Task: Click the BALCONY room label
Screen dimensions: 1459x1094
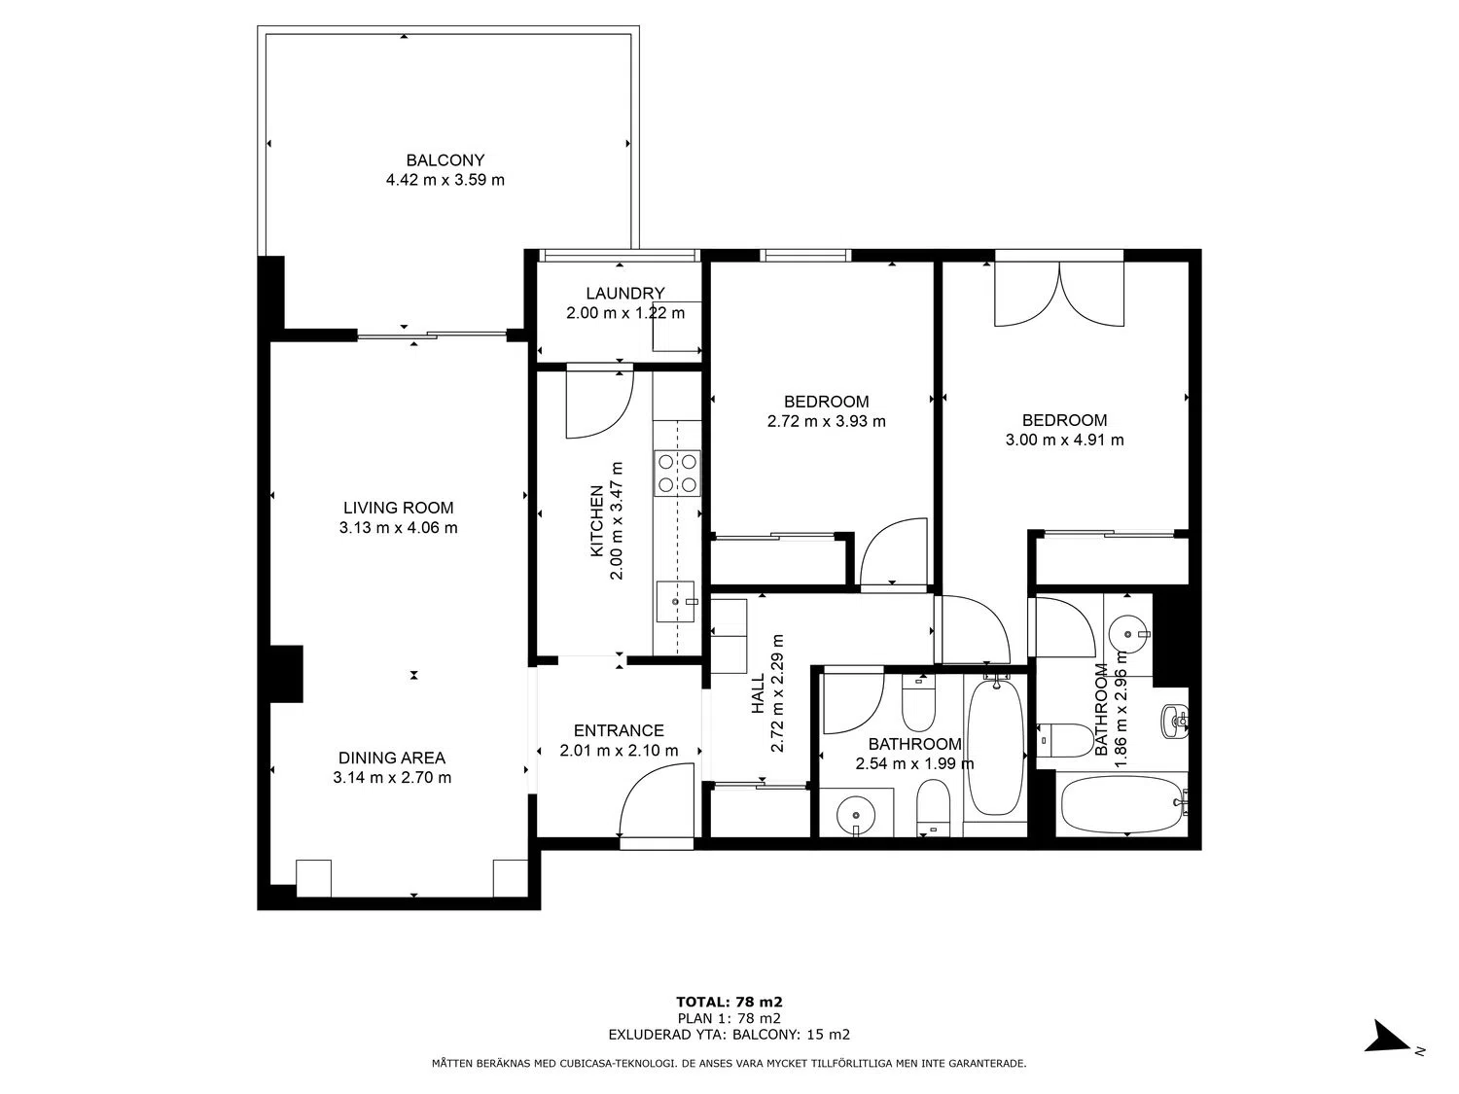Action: point(445,160)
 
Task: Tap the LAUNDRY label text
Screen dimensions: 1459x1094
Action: point(624,293)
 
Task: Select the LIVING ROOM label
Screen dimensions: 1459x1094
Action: point(398,508)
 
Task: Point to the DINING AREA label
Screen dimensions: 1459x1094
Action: point(392,758)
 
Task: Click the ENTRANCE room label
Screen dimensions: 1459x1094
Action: point(619,730)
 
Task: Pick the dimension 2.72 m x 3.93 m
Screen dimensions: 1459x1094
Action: point(826,421)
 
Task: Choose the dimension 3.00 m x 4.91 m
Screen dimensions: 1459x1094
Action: point(1064,440)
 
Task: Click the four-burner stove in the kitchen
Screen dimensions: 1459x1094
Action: point(677,473)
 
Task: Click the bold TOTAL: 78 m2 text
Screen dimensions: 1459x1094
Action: point(729,1002)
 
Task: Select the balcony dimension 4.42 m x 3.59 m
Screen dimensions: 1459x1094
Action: point(445,179)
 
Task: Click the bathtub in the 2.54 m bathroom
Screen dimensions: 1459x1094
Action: point(994,746)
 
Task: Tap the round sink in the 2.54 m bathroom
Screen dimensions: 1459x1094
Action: point(855,814)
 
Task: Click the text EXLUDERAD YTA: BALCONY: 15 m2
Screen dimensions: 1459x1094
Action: point(729,1035)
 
